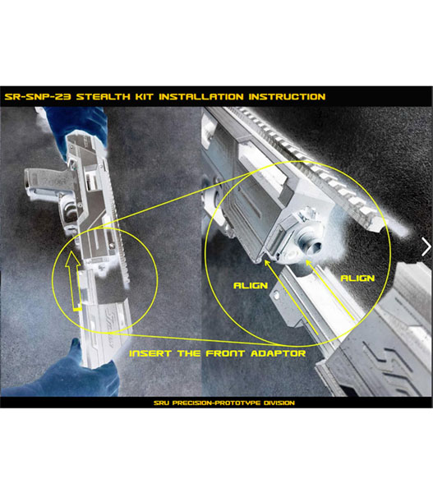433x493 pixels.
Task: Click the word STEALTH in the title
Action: point(104,96)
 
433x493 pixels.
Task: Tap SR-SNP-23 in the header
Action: point(38,96)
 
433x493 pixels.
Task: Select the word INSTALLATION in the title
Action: point(201,96)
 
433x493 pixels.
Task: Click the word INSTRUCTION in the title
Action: point(287,96)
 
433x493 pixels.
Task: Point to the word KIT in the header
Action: point(145,96)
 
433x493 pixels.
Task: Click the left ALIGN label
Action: point(251,285)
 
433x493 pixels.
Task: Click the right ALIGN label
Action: point(358,279)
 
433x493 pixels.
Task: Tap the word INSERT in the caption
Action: point(150,353)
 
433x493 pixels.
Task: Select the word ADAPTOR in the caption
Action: point(279,353)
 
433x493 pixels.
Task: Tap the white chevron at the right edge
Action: point(426,246)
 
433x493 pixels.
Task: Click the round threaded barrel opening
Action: point(312,245)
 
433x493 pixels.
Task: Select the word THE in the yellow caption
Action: point(189,353)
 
